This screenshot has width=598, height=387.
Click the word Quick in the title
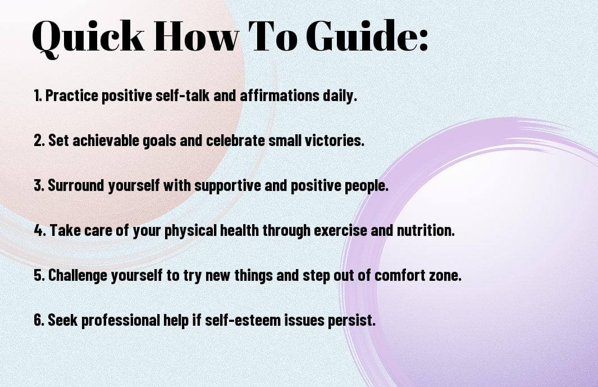pyautogui.click(x=88, y=37)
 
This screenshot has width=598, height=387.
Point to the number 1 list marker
pyautogui.click(x=38, y=95)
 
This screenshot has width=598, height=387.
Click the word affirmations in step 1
pyautogui.click(x=280, y=95)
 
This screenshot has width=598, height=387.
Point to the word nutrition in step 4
pyautogui.click(x=426, y=230)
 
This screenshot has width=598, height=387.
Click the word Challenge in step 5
pyautogui.click(x=77, y=276)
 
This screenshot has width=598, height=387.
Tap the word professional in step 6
pyautogui.click(x=121, y=321)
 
